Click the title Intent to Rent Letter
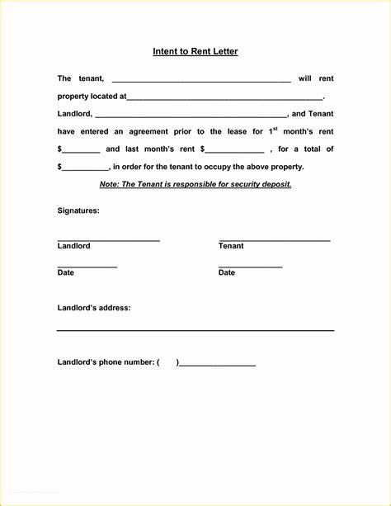[195, 52]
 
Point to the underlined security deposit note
[195, 184]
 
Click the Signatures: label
[78, 210]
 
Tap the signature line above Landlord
[108, 239]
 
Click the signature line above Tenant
[274, 239]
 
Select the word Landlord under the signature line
[74, 246]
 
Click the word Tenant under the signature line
[231, 246]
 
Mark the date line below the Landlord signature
[87, 267]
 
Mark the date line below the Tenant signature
[250, 267]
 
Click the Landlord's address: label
[94, 308]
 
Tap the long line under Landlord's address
[195, 330]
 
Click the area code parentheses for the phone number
[167, 362]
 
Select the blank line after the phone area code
[217, 364]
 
